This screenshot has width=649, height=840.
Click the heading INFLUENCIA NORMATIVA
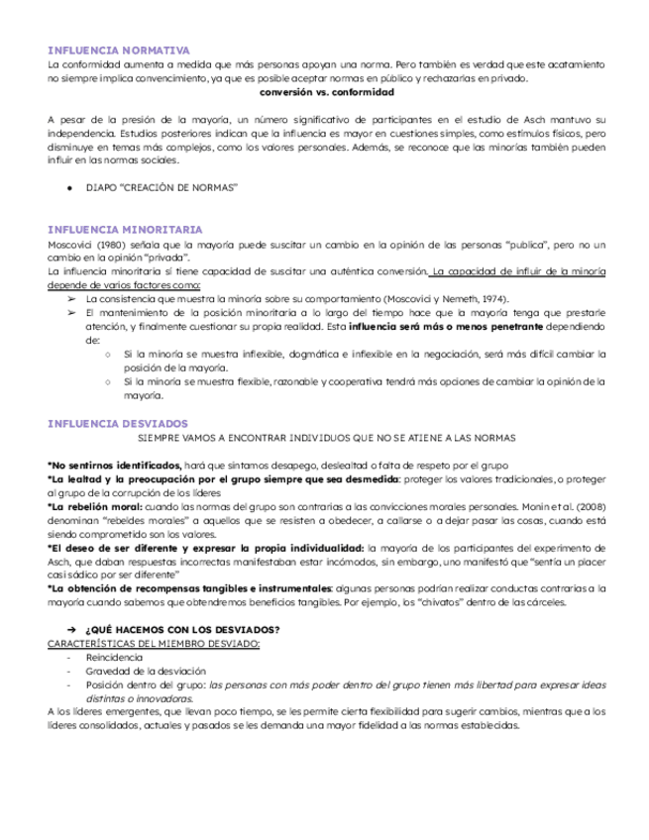119,50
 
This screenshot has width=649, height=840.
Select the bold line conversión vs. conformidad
325,91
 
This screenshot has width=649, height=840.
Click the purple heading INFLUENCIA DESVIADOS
118,423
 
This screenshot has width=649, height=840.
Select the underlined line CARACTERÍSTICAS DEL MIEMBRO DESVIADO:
154,644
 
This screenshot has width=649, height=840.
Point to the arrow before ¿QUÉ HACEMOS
71,631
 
